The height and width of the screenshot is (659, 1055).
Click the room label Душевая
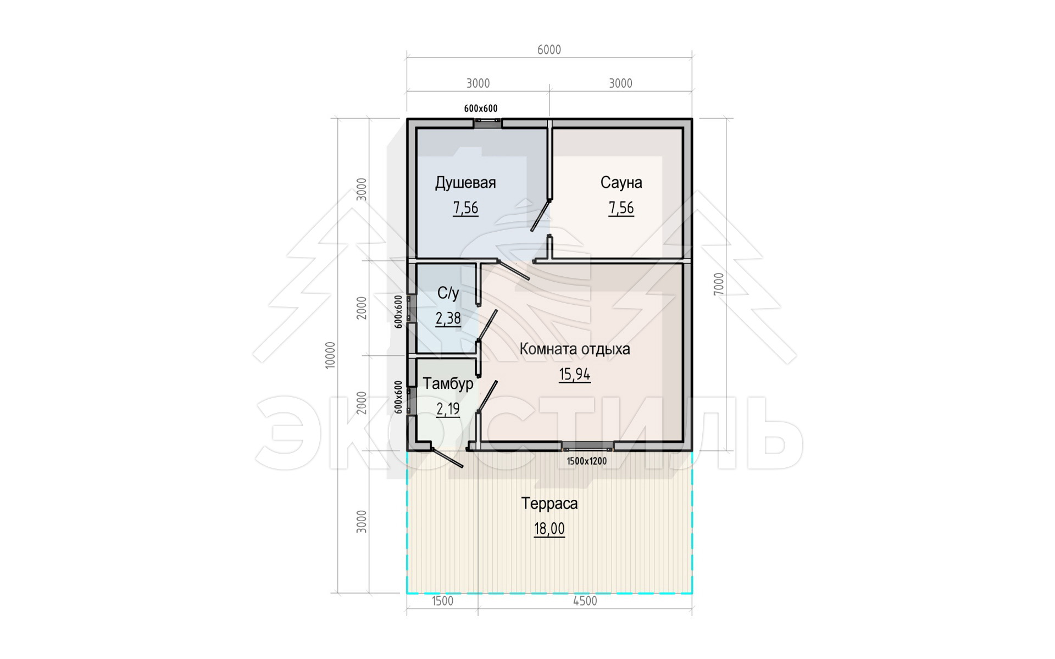[x=465, y=183]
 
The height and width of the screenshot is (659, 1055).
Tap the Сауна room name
[x=621, y=182]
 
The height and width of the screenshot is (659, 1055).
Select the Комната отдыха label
[x=575, y=349]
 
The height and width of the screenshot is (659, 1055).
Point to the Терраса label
[x=549, y=504]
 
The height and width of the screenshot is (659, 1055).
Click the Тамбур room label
[x=448, y=383]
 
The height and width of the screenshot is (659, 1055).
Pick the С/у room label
[x=448, y=293]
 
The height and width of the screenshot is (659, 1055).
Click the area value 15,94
[x=575, y=375]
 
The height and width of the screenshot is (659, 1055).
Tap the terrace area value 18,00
[x=549, y=529]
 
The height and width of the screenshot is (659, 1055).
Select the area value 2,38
[x=448, y=319]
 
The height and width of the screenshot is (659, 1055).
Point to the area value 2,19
[x=448, y=409]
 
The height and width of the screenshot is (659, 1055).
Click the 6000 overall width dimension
[x=549, y=50]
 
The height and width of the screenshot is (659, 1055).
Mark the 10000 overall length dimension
[x=330, y=355]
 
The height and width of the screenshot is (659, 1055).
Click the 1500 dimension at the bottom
[x=442, y=601]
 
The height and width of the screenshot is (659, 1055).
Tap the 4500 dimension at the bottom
[x=585, y=601]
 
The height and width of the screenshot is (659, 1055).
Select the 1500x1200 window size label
[x=587, y=461]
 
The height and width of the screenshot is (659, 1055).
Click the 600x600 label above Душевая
[x=481, y=109]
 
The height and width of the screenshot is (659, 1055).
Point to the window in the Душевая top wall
[x=487, y=124]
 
